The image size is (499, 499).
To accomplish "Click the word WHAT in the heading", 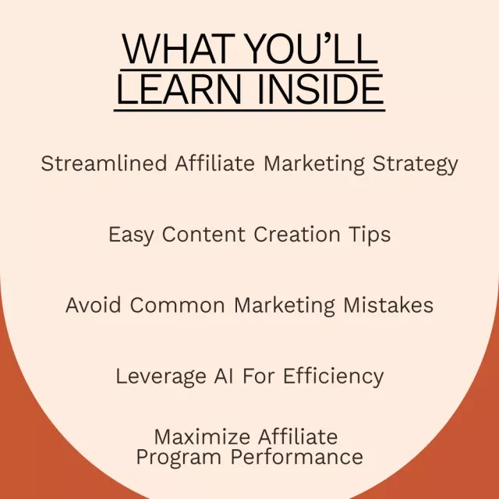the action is pos(179,48).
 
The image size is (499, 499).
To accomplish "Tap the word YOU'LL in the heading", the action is pos(312,48).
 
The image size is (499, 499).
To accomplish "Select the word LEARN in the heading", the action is pos(179,88).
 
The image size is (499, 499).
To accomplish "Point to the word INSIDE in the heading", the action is pos(320,88).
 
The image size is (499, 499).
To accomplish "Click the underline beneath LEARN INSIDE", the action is pos(249,111).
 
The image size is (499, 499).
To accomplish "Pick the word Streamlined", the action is pos(104,163).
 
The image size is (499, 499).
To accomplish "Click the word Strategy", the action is pos(415,165).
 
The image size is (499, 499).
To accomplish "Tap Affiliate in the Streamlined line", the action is pos(215,163).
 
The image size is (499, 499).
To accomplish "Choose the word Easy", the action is pos(131,235).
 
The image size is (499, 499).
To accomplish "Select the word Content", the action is pos(203,235).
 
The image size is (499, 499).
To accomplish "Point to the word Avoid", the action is pos(94,305).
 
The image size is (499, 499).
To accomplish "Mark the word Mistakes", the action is pos(388,305).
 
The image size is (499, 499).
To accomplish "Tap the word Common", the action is pos(177,306).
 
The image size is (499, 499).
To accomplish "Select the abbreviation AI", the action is pos(224,376).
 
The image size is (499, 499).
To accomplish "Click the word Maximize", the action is pos(202,437).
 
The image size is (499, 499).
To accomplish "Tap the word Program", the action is pos(179,458).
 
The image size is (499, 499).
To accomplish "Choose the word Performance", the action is pos(297,457).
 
